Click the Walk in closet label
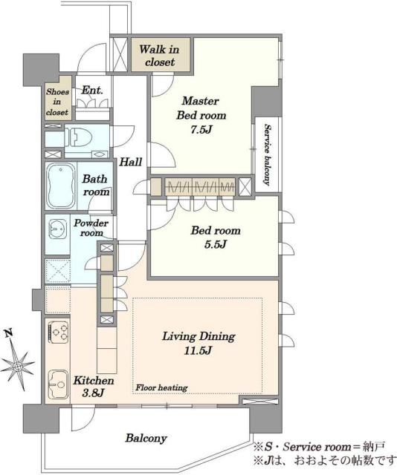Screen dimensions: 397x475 [x=159, y=56]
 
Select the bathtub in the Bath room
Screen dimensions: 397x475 [x=61, y=186]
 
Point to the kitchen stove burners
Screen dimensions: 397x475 [x=58, y=332]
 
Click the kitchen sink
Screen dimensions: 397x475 [x=58, y=384]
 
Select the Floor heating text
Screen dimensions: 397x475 [x=161, y=387]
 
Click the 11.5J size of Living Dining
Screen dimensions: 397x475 [x=198, y=351]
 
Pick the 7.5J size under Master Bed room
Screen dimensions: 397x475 [x=201, y=130]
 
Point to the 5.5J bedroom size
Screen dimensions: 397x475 [x=215, y=244]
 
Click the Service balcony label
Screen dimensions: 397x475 [x=267, y=154]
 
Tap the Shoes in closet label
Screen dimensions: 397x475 [x=57, y=102]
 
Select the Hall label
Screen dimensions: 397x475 [x=131, y=162]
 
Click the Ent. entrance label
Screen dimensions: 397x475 [x=93, y=90]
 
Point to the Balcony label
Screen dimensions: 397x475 [x=146, y=438]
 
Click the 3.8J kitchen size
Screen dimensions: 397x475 [x=93, y=393]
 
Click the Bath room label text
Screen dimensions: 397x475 [x=96, y=185]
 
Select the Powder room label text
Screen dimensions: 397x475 [x=91, y=228]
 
